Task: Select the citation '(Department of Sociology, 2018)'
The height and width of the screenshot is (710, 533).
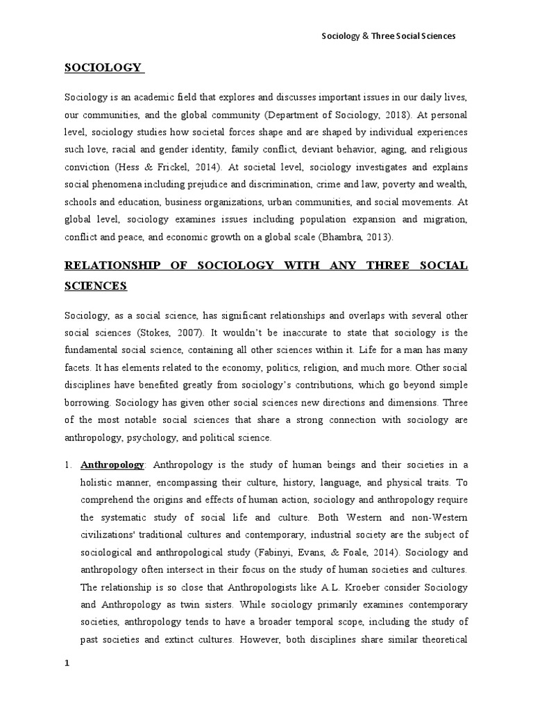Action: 318,114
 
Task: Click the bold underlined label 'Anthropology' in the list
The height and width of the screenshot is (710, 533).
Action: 112,465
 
